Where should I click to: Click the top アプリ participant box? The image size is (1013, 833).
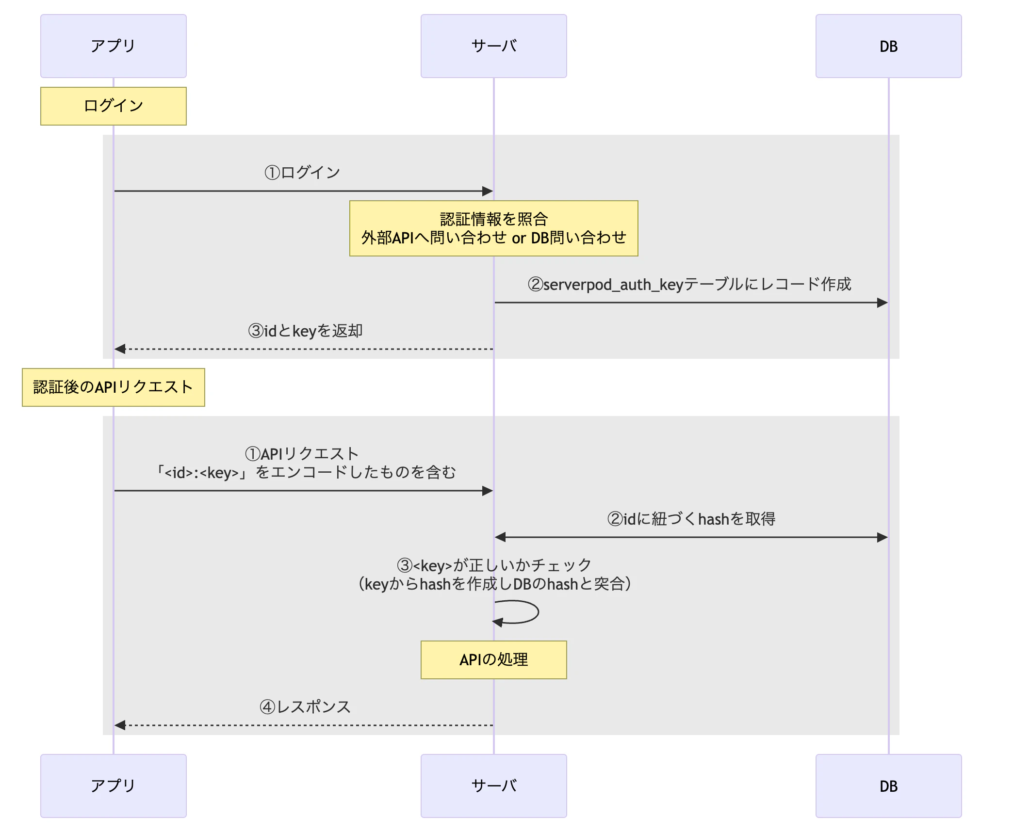point(113,46)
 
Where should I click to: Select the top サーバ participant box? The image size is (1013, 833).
point(493,46)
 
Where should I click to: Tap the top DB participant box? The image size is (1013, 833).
point(888,46)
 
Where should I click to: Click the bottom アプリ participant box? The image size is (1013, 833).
point(113,785)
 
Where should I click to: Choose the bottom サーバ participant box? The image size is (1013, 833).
point(493,785)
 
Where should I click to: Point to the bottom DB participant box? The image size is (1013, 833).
point(888,785)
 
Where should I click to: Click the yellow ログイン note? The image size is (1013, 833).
point(113,106)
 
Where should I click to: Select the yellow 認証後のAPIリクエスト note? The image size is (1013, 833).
point(113,387)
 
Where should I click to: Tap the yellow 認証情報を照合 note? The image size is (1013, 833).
point(493,228)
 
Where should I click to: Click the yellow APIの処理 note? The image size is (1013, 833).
point(493,659)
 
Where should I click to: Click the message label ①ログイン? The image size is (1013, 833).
point(302,172)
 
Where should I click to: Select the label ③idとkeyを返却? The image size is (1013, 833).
point(305,331)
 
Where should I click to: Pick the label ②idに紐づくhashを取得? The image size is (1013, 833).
point(691,519)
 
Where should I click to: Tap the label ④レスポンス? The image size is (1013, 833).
point(305,706)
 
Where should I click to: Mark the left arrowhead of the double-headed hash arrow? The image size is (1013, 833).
point(500,537)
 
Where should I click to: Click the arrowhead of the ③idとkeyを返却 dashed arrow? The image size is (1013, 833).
point(120,349)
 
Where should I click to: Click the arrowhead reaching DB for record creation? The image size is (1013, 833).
point(882,303)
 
